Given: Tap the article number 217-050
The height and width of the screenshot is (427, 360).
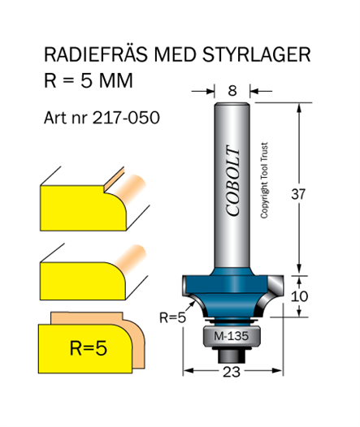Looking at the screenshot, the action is click(x=126, y=118).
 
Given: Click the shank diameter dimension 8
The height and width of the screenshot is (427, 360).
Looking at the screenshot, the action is click(x=232, y=91).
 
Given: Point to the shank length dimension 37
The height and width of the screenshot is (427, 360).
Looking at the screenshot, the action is click(x=298, y=194).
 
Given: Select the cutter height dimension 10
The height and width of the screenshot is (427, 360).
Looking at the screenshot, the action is click(x=300, y=296).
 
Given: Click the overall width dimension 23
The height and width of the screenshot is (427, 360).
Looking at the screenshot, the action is click(x=232, y=372).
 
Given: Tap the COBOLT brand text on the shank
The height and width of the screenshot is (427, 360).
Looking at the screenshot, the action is click(x=233, y=180).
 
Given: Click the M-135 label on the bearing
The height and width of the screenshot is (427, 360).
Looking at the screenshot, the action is click(x=231, y=336).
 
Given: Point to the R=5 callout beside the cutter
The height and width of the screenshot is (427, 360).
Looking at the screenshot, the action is click(x=172, y=317).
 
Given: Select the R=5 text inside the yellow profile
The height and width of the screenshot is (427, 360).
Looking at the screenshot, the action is click(x=89, y=348).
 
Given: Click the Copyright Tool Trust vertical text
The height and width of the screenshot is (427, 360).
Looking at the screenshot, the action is click(x=264, y=180).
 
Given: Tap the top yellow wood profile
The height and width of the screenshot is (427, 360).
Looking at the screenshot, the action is click(x=84, y=208).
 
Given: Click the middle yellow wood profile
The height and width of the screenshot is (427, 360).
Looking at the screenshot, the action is click(x=83, y=281).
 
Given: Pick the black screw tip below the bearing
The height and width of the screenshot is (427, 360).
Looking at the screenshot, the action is click(x=232, y=356).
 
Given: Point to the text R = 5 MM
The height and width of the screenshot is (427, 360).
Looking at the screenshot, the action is click(x=89, y=80).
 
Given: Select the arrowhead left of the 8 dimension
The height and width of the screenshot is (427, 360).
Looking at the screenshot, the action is click(x=210, y=91).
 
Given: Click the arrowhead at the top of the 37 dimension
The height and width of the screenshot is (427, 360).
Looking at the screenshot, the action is click(x=300, y=108).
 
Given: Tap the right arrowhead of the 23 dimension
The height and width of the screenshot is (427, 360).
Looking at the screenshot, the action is click(x=277, y=370).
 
